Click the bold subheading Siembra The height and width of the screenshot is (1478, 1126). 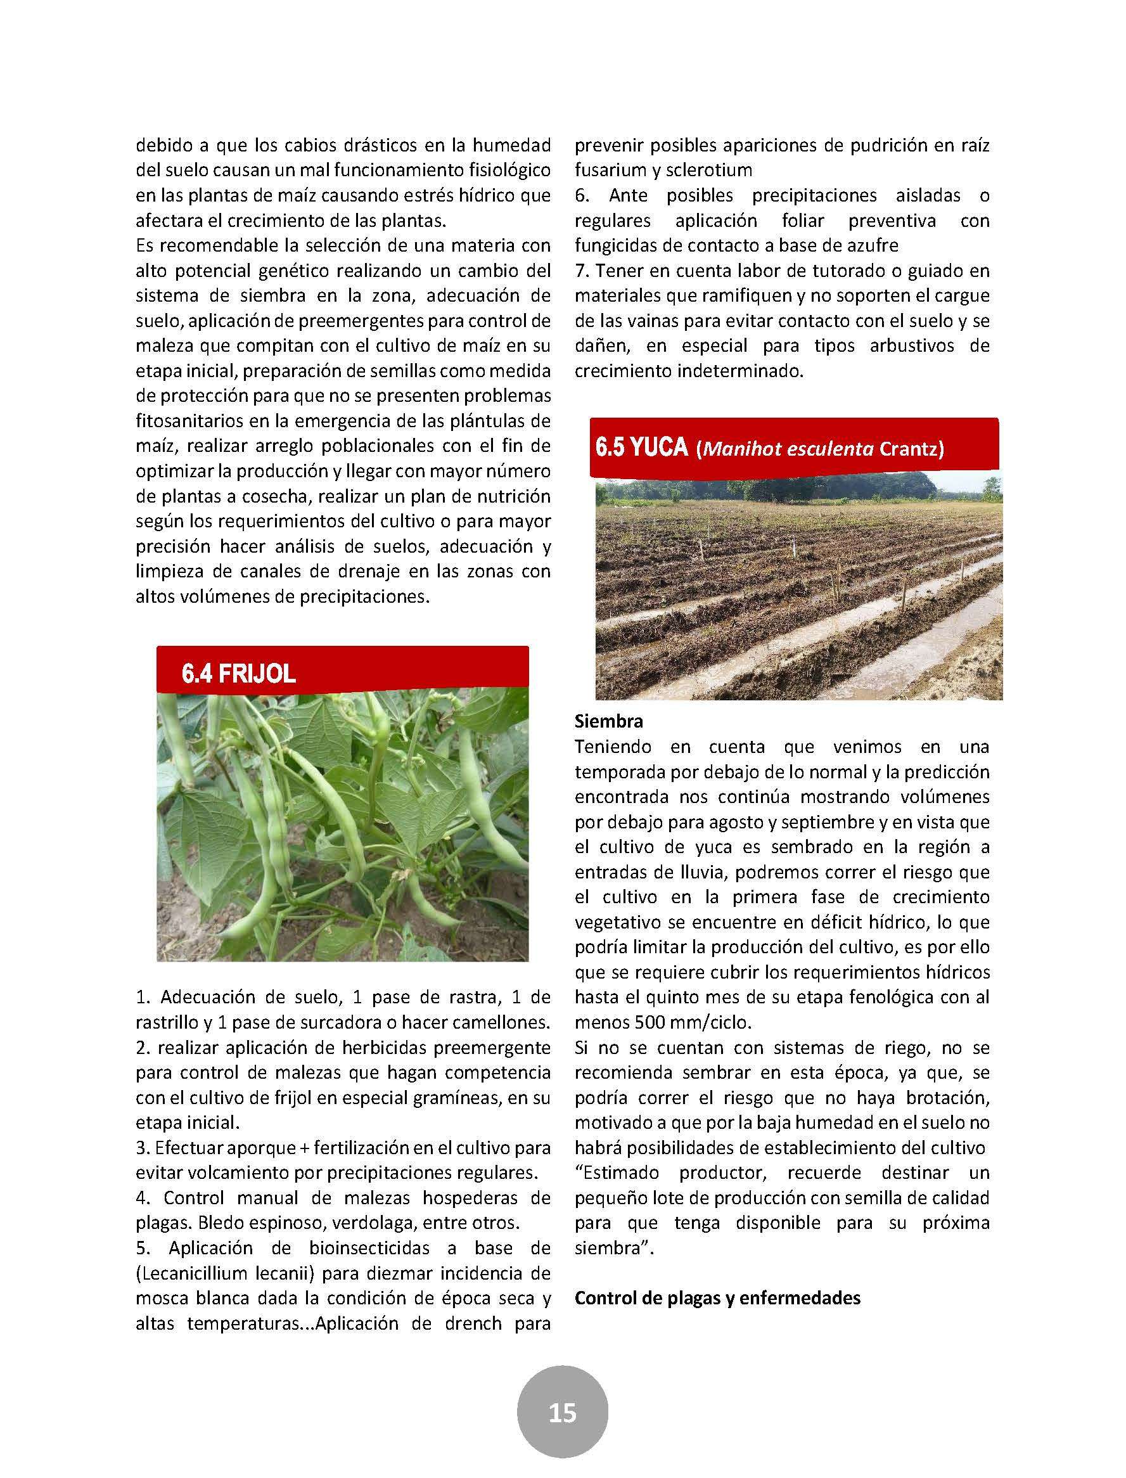coord(608,721)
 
